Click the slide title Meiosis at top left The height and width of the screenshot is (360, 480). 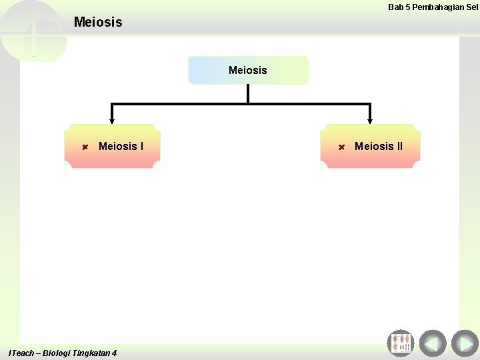coord(98,22)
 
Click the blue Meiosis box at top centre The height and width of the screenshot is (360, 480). coord(248,70)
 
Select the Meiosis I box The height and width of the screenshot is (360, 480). coord(113,145)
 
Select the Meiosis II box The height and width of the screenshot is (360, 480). coord(371,145)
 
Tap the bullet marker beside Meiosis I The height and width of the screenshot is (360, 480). coord(85,146)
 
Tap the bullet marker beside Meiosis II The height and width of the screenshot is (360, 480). coord(341,146)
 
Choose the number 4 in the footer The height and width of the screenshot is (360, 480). coord(115,353)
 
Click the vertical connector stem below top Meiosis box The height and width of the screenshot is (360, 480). coord(248,93)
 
